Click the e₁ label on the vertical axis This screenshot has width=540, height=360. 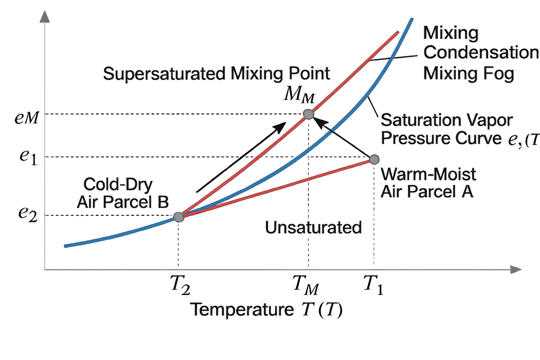pos(28,156)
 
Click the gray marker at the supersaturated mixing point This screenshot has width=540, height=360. pos(308,114)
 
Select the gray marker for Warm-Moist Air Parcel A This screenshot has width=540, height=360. pos(374,160)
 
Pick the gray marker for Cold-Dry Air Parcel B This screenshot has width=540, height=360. pos(179,217)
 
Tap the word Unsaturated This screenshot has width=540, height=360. pos(313,227)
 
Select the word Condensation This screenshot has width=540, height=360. pos(481,53)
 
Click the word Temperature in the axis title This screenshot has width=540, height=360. pos(242,309)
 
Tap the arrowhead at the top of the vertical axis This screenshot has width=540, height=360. pos(45,17)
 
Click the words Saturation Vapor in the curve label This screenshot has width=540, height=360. pos(446,120)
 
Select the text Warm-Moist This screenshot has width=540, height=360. pos(428,174)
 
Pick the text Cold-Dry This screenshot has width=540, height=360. pos(118,184)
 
